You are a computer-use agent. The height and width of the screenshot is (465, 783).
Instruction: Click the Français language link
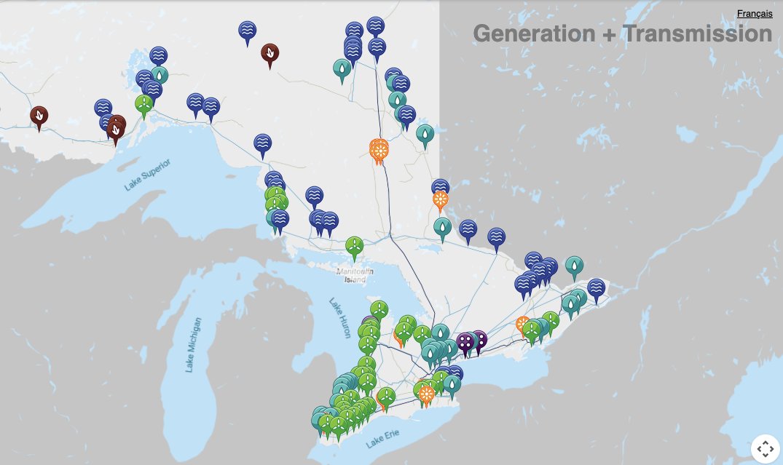[754, 14]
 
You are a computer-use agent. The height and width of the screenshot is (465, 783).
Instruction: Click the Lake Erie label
[384, 440]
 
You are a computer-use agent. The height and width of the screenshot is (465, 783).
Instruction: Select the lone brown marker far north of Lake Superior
[270, 53]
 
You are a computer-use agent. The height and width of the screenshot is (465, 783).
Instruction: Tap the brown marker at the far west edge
[39, 115]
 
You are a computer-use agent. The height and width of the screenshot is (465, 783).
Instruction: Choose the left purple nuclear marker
[465, 341]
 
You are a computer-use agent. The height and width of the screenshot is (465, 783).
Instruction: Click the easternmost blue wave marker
[596, 287]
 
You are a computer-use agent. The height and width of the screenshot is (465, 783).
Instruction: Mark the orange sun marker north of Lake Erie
[426, 393]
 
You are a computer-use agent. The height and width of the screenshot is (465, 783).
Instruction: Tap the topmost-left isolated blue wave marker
[248, 31]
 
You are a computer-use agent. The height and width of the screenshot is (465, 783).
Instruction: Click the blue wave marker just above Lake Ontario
[455, 373]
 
